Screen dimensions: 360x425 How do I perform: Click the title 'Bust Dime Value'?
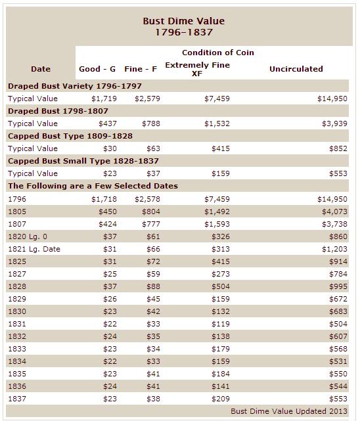pyautogui.click(x=184, y=21)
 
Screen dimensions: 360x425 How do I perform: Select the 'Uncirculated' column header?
pyautogui.click(x=296, y=69)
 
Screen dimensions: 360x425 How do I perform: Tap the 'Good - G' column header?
pyautogui.click(x=97, y=69)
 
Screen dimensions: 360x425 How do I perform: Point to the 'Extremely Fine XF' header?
pyautogui.click(x=197, y=69)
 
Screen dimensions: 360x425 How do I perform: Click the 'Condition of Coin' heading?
pyautogui.click(x=218, y=53)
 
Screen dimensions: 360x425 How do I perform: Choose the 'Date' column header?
pyautogui.click(x=41, y=69)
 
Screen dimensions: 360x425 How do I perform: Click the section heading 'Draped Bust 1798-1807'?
pyautogui.click(x=58, y=111)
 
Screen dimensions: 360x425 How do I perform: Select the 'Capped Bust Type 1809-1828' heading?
pyautogui.click(x=70, y=136)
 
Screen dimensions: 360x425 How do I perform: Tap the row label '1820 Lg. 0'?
pyautogui.click(x=28, y=236)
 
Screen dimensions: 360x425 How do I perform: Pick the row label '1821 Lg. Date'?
pyautogui.click(x=34, y=249)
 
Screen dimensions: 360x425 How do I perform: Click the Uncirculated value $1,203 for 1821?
pyautogui.click(x=334, y=249)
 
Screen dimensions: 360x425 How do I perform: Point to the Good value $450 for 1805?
pyautogui.click(x=108, y=212)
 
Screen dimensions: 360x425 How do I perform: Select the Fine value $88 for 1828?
pyautogui.click(x=154, y=286)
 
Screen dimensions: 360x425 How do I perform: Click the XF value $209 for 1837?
pyautogui.click(x=221, y=399)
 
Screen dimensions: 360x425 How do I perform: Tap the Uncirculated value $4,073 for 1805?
pyautogui.click(x=334, y=212)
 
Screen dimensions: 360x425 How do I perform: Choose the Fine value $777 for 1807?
pyautogui.click(x=151, y=224)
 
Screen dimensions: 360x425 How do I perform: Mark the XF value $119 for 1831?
pyautogui.click(x=221, y=324)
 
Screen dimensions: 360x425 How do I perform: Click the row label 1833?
pyautogui.click(x=17, y=349)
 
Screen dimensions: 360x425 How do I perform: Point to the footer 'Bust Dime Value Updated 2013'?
pyautogui.click(x=289, y=411)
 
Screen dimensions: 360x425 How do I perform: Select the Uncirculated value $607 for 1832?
pyautogui.click(x=338, y=336)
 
